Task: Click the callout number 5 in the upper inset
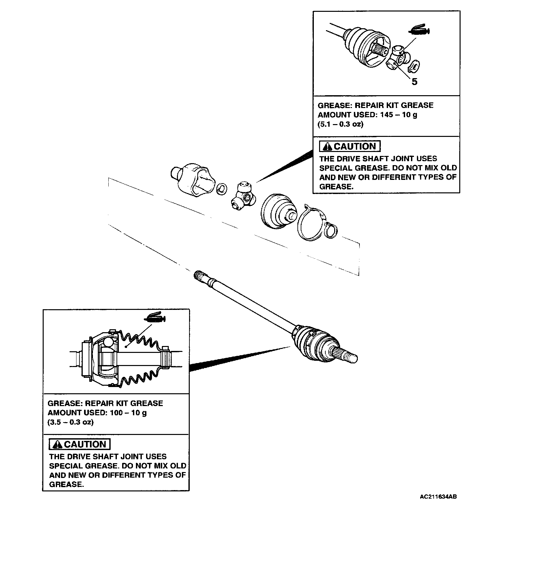pos(414,82)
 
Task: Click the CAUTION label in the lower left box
pos(79,444)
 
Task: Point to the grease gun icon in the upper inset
pos(419,31)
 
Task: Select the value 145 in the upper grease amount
pos(387,115)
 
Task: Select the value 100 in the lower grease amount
pos(117,413)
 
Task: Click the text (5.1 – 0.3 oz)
pos(340,124)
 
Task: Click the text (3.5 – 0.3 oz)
pos(71,422)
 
